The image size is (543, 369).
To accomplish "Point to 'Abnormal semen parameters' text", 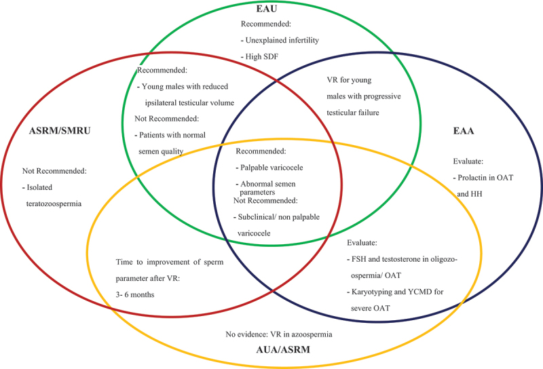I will point(267,187).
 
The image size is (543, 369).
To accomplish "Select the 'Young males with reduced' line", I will point(187,87).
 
